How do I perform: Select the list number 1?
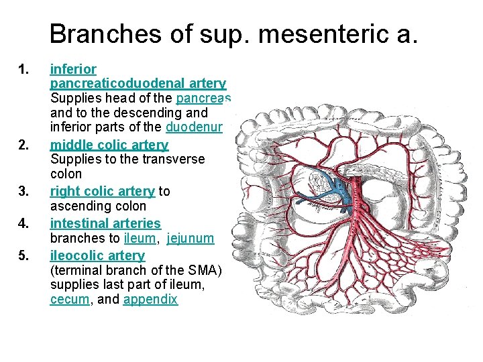click(x=24, y=69)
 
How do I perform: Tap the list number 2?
click(x=24, y=145)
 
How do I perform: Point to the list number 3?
click(x=24, y=192)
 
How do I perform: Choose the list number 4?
click(x=24, y=223)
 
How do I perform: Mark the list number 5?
click(x=24, y=255)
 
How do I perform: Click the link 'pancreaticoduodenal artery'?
click(x=138, y=84)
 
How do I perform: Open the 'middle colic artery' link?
click(x=109, y=145)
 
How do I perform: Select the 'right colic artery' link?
click(x=102, y=192)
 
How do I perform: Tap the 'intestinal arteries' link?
click(x=105, y=223)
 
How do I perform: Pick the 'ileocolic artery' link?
click(x=97, y=255)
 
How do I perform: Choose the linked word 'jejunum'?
click(x=191, y=239)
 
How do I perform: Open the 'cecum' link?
click(x=69, y=300)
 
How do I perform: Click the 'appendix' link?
click(x=150, y=300)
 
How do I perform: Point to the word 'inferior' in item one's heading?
click(x=73, y=69)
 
